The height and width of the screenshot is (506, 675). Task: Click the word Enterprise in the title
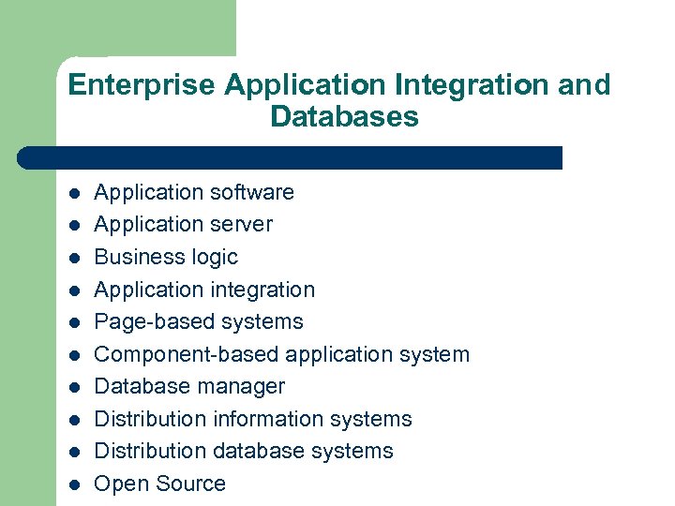142,85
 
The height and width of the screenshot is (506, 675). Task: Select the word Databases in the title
343,117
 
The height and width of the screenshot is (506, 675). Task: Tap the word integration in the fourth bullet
258,290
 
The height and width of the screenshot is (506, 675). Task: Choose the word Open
118,484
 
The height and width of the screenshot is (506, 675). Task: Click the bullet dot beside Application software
74,194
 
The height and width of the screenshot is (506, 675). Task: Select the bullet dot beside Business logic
74,259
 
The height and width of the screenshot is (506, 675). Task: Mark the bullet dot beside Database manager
74,388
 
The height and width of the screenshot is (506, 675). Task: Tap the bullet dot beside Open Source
74,485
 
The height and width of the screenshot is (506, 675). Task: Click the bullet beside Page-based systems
74,323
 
